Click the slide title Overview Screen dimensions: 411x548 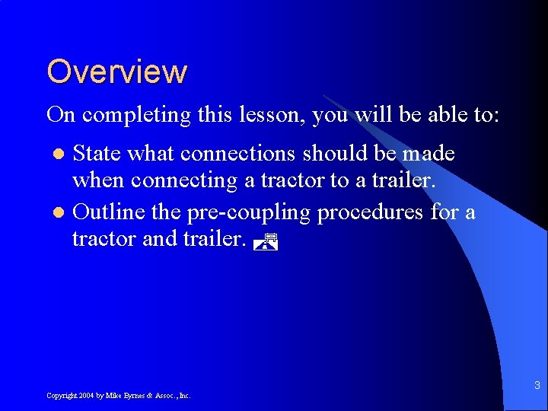tap(116, 72)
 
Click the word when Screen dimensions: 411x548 tap(98, 181)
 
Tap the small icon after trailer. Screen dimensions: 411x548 tap(265, 243)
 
